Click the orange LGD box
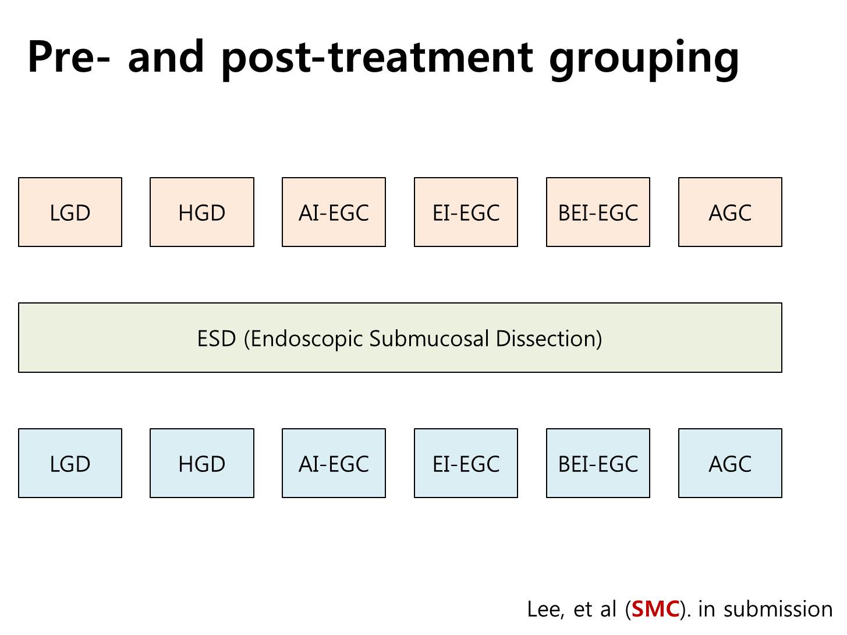coord(70,212)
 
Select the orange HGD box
coord(202,212)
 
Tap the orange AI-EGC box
coord(334,212)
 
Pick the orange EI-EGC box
coord(466,212)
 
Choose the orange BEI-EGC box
coord(598,212)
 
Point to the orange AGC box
coord(730,212)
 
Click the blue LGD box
coord(70,463)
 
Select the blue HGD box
coord(202,463)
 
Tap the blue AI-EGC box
coord(334,463)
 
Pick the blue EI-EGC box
coord(466,463)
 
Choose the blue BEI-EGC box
coord(598,463)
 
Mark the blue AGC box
coord(730,463)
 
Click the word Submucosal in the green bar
coord(430,338)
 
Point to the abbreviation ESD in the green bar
coord(217,338)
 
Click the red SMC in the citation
coord(655,609)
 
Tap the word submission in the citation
coord(778,609)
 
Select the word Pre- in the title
coord(69,56)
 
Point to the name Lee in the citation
coord(545,609)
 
